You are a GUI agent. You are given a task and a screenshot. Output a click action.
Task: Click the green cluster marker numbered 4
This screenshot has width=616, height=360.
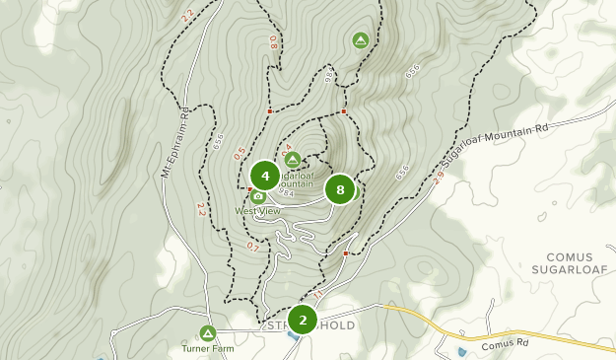click(264, 176)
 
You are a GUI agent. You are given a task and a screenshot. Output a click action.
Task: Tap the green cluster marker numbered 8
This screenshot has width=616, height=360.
click(340, 189)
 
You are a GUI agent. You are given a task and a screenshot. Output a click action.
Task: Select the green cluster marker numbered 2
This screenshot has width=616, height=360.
click(303, 319)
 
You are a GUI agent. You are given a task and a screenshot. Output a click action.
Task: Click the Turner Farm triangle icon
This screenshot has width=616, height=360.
click(207, 333)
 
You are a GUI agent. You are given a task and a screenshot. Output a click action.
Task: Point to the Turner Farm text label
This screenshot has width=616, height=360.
click(207, 349)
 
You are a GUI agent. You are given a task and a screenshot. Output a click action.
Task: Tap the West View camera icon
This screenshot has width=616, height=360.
click(258, 196)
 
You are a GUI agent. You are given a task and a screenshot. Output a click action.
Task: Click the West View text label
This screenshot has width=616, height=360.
click(257, 211)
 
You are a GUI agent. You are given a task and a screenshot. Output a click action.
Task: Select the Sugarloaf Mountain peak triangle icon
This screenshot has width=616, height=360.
click(292, 159)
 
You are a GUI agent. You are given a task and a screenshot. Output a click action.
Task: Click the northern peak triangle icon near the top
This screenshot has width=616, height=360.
click(360, 40)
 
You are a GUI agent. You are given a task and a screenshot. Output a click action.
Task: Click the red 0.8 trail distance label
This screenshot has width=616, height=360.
click(273, 43)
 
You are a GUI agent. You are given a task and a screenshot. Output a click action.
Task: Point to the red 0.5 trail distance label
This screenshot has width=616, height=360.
click(239, 155)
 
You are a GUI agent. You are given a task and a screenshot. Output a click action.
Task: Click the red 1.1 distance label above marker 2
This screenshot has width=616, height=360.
click(317, 293)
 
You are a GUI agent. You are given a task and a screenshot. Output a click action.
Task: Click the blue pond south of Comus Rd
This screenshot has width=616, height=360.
click(462, 351)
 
